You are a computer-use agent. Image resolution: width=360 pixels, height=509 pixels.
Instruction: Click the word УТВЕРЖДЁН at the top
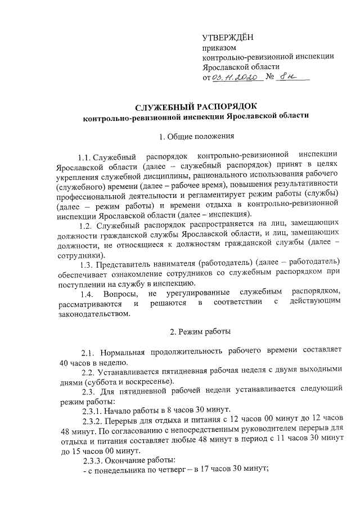click(x=227, y=38)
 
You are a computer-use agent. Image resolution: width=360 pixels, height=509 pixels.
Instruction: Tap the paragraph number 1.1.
click(x=85, y=154)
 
